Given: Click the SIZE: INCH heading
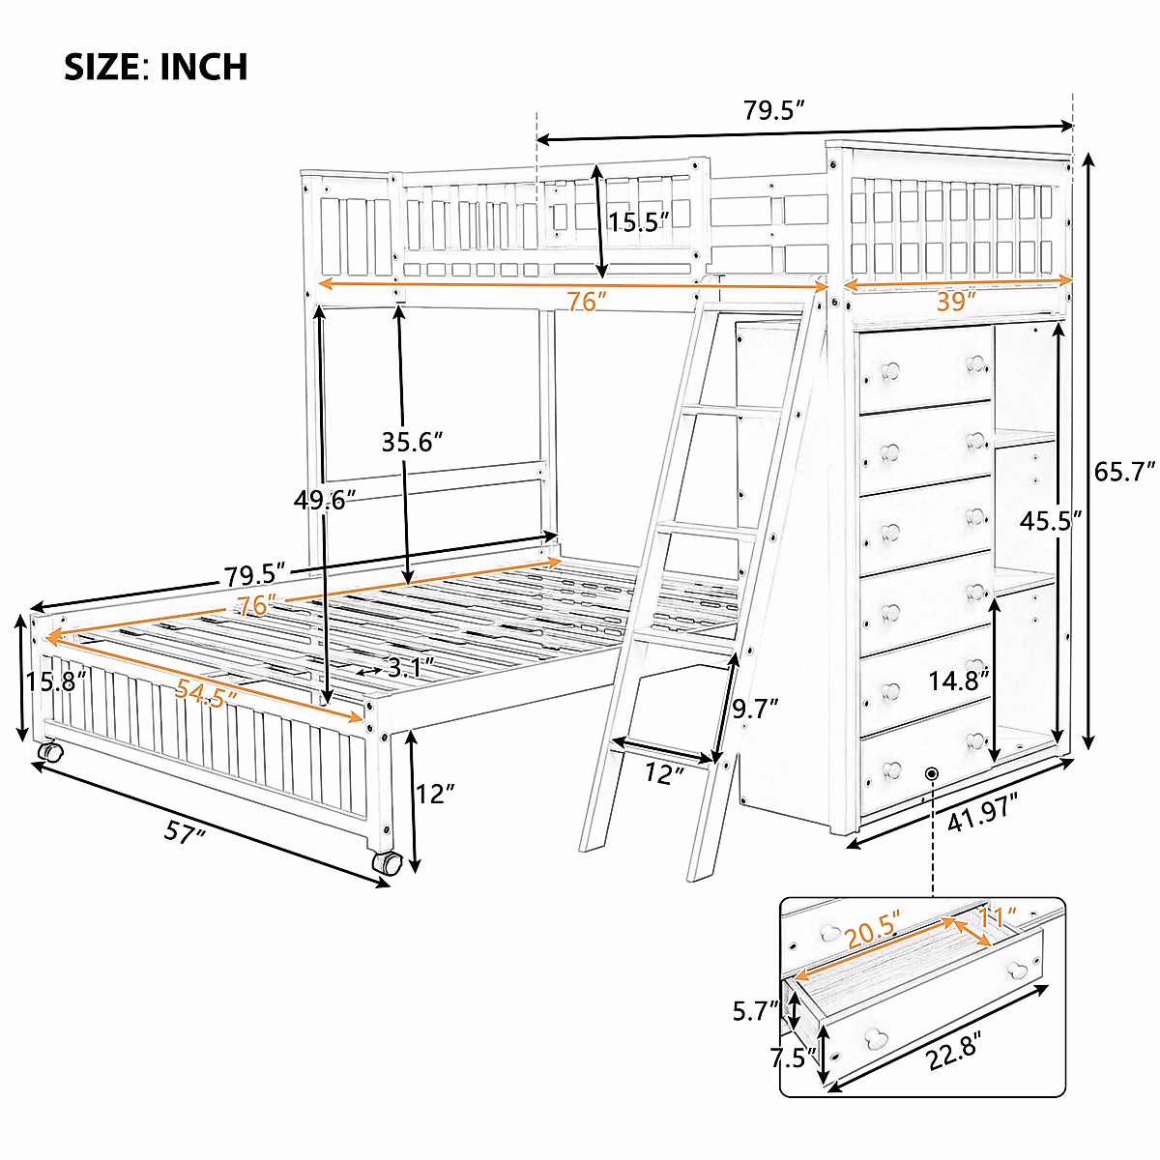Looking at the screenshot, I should [156, 67].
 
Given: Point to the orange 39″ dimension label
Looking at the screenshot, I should [956, 302].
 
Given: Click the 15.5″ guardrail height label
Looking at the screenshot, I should [639, 222].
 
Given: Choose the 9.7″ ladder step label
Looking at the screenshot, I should [755, 710].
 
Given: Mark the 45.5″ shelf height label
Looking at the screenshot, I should [1050, 521].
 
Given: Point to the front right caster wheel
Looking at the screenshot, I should [387, 863].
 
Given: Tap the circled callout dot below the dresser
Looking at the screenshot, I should [932, 773].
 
